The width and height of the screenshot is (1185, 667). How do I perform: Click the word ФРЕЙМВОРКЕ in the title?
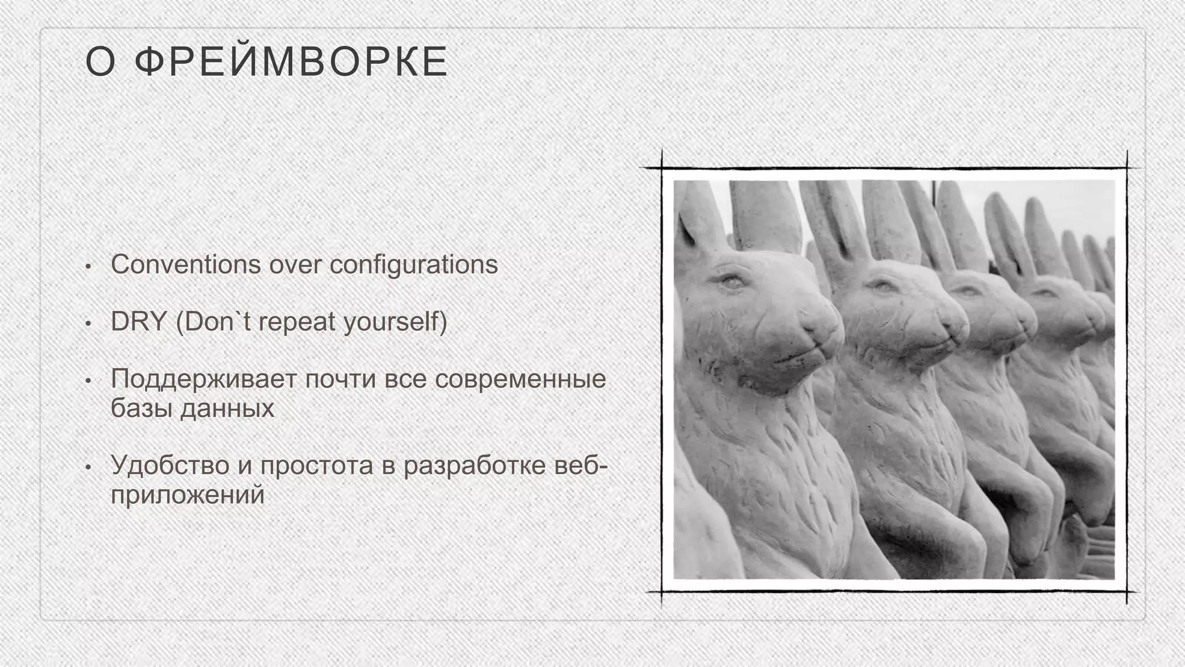click(291, 62)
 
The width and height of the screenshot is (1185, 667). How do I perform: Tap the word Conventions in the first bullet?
click(186, 265)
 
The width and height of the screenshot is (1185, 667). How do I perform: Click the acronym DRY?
click(139, 322)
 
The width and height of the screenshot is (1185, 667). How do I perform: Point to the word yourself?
click(395, 322)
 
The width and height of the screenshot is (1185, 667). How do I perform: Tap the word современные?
click(520, 379)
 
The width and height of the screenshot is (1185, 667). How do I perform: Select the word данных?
click(227, 408)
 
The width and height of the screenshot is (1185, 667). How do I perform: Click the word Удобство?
click(170, 466)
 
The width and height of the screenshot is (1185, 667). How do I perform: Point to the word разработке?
click(474, 466)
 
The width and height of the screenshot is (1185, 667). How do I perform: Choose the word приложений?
click(187, 495)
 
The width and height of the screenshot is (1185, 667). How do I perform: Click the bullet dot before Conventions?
click(88, 266)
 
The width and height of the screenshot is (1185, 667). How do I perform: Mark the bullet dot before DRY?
click(88, 324)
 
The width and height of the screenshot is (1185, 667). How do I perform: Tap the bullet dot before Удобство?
click(88, 467)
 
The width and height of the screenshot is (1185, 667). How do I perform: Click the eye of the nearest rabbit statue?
click(731, 282)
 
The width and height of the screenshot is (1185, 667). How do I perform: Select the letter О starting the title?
click(100, 62)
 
